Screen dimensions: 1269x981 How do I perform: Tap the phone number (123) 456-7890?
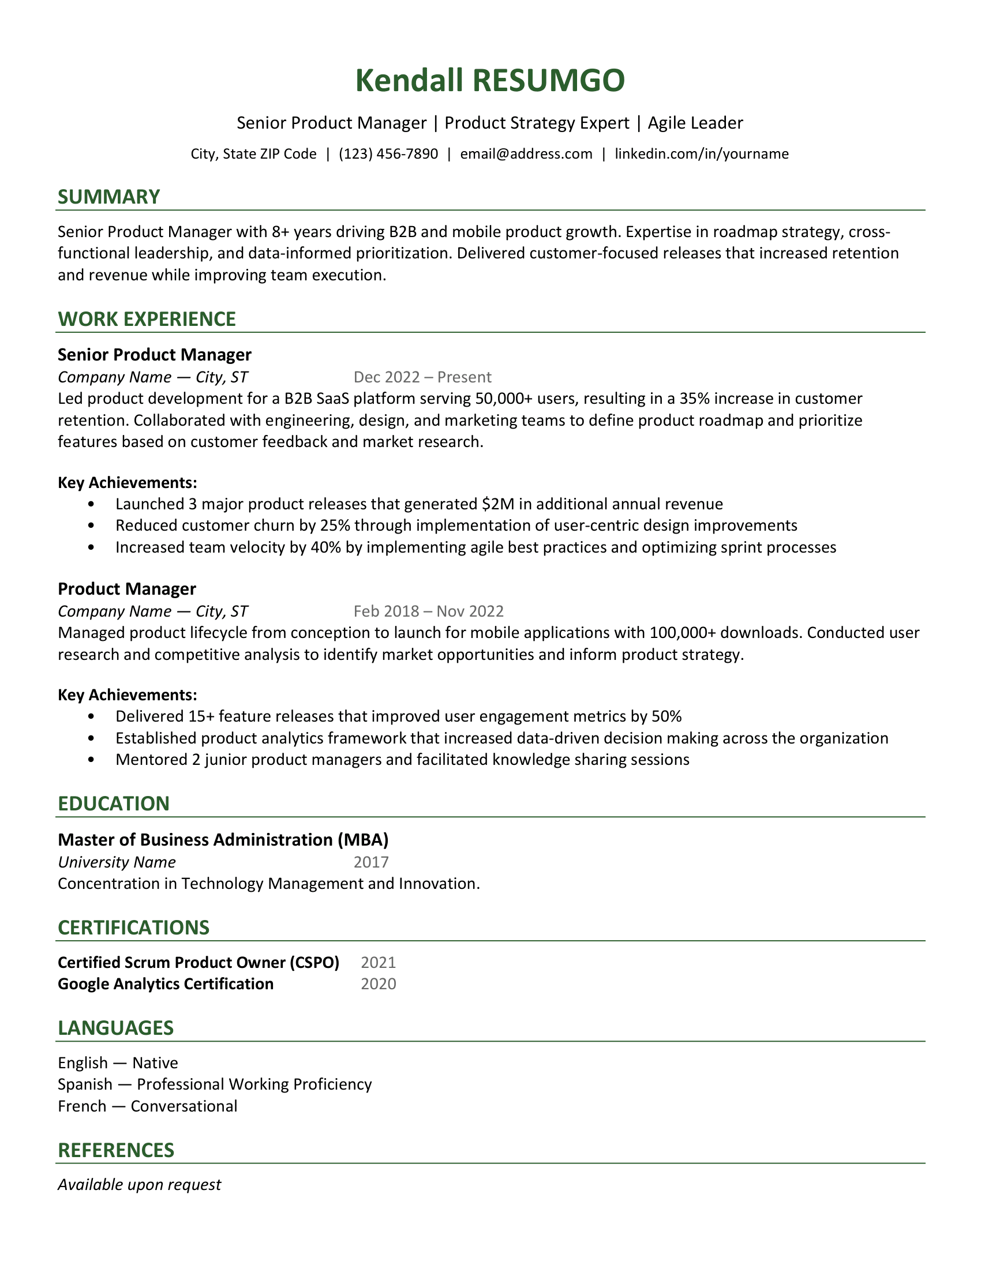[x=388, y=154]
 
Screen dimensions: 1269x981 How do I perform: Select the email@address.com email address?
[x=526, y=154]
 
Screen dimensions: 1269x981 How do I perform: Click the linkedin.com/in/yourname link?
[x=702, y=154]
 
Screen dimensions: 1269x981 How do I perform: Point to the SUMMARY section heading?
[x=108, y=197]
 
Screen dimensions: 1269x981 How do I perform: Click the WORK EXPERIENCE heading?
[x=147, y=319]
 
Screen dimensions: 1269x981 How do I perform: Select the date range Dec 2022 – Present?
[x=422, y=377]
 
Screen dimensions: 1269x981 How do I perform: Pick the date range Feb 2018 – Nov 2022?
[x=428, y=611]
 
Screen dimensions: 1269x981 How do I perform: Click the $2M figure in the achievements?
[x=498, y=504]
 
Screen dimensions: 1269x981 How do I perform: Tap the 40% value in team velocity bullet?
[x=325, y=547]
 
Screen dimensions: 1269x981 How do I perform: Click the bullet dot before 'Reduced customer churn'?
[x=91, y=526]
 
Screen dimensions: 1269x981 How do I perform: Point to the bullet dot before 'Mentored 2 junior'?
[x=91, y=760]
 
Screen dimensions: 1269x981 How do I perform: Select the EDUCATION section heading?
[x=114, y=804]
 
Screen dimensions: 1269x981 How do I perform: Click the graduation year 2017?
[x=372, y=862]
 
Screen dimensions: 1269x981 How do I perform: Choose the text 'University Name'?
[x=117, y=862]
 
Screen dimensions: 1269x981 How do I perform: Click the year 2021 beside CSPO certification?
[x=379, y=963]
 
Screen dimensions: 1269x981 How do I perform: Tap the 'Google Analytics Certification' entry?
[x=166, y=983]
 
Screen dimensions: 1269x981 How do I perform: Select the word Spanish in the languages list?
[x=85, y=1084]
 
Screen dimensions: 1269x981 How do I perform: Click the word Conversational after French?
[x=184, y=1106]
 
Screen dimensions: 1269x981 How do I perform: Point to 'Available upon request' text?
[x=140, y=1184]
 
